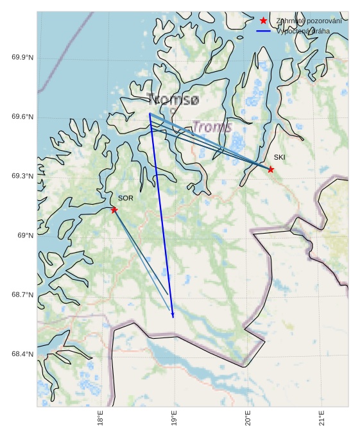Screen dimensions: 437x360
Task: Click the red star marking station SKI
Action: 271,169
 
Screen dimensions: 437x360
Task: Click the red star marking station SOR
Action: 114,210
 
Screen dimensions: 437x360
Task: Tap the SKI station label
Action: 279,157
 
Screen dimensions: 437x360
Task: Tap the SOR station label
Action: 126,198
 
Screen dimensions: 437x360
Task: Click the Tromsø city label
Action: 173,99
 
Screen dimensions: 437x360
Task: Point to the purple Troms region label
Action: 212,127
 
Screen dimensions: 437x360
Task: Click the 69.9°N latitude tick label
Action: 22,58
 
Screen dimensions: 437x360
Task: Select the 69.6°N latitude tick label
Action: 22,117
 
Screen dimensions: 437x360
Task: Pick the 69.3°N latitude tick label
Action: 22,176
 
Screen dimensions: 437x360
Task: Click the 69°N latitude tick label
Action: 25,236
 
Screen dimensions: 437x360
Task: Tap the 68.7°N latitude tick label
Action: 22,295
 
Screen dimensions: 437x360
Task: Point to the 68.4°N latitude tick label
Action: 22,354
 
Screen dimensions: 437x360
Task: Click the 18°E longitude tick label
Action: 100,418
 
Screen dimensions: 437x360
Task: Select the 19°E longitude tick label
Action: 174,418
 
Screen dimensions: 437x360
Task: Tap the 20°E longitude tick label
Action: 248,418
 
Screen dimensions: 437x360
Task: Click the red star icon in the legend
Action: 263,21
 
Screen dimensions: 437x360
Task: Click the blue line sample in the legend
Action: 263,31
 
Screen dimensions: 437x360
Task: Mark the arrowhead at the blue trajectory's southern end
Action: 173,314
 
